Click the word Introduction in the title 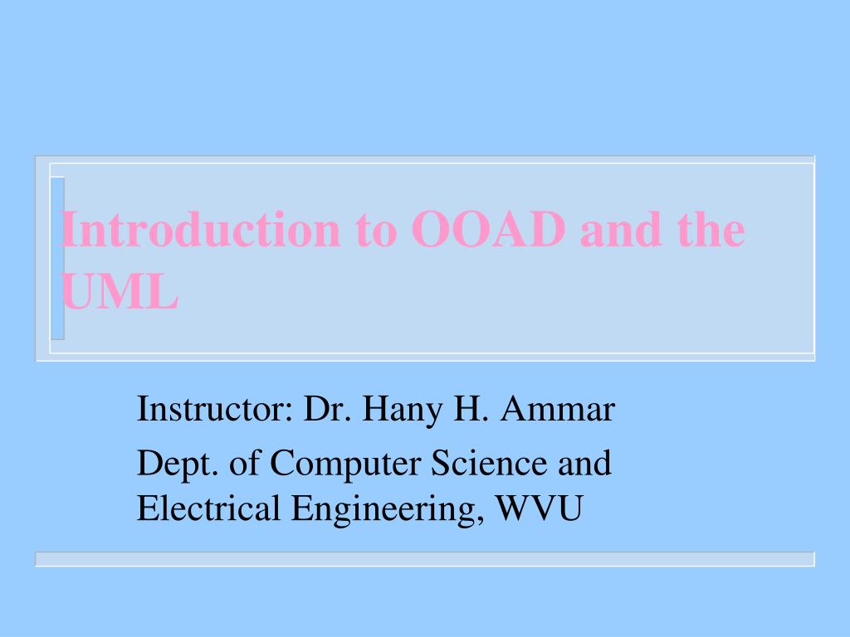point(200,230)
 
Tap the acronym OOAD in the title point(489,230)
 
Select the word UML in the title point(120,292)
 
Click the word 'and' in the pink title point(614,230)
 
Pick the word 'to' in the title point(377,230)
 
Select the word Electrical point(208,508)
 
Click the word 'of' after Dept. point(244,462)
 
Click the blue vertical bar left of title point(56,258)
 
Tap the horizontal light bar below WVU point(424,559)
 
